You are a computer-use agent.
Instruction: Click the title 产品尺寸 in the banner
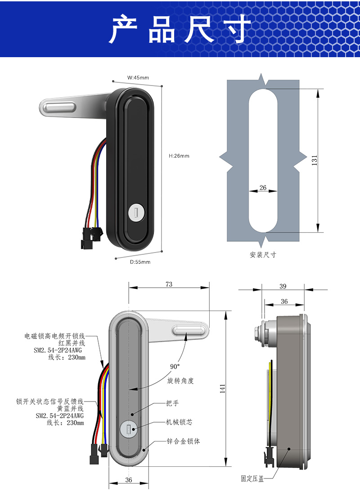click(180, 29)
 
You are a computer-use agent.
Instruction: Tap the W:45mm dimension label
click(138, 77)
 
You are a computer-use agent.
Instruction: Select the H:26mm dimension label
click(179, 156)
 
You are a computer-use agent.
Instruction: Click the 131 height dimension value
click(314, 160)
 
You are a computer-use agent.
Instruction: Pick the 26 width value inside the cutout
click(263, 188)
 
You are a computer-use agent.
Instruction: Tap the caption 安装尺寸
click(263, 255)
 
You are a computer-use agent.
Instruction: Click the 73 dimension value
click(169, 284)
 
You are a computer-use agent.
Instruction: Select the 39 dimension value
click(283, 286)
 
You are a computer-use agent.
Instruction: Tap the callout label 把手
click(172, 403)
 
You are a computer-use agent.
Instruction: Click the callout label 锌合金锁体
click(183, 441)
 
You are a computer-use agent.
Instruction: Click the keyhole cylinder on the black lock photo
click(135, 212)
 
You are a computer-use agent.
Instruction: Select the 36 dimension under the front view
click(128, 480)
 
